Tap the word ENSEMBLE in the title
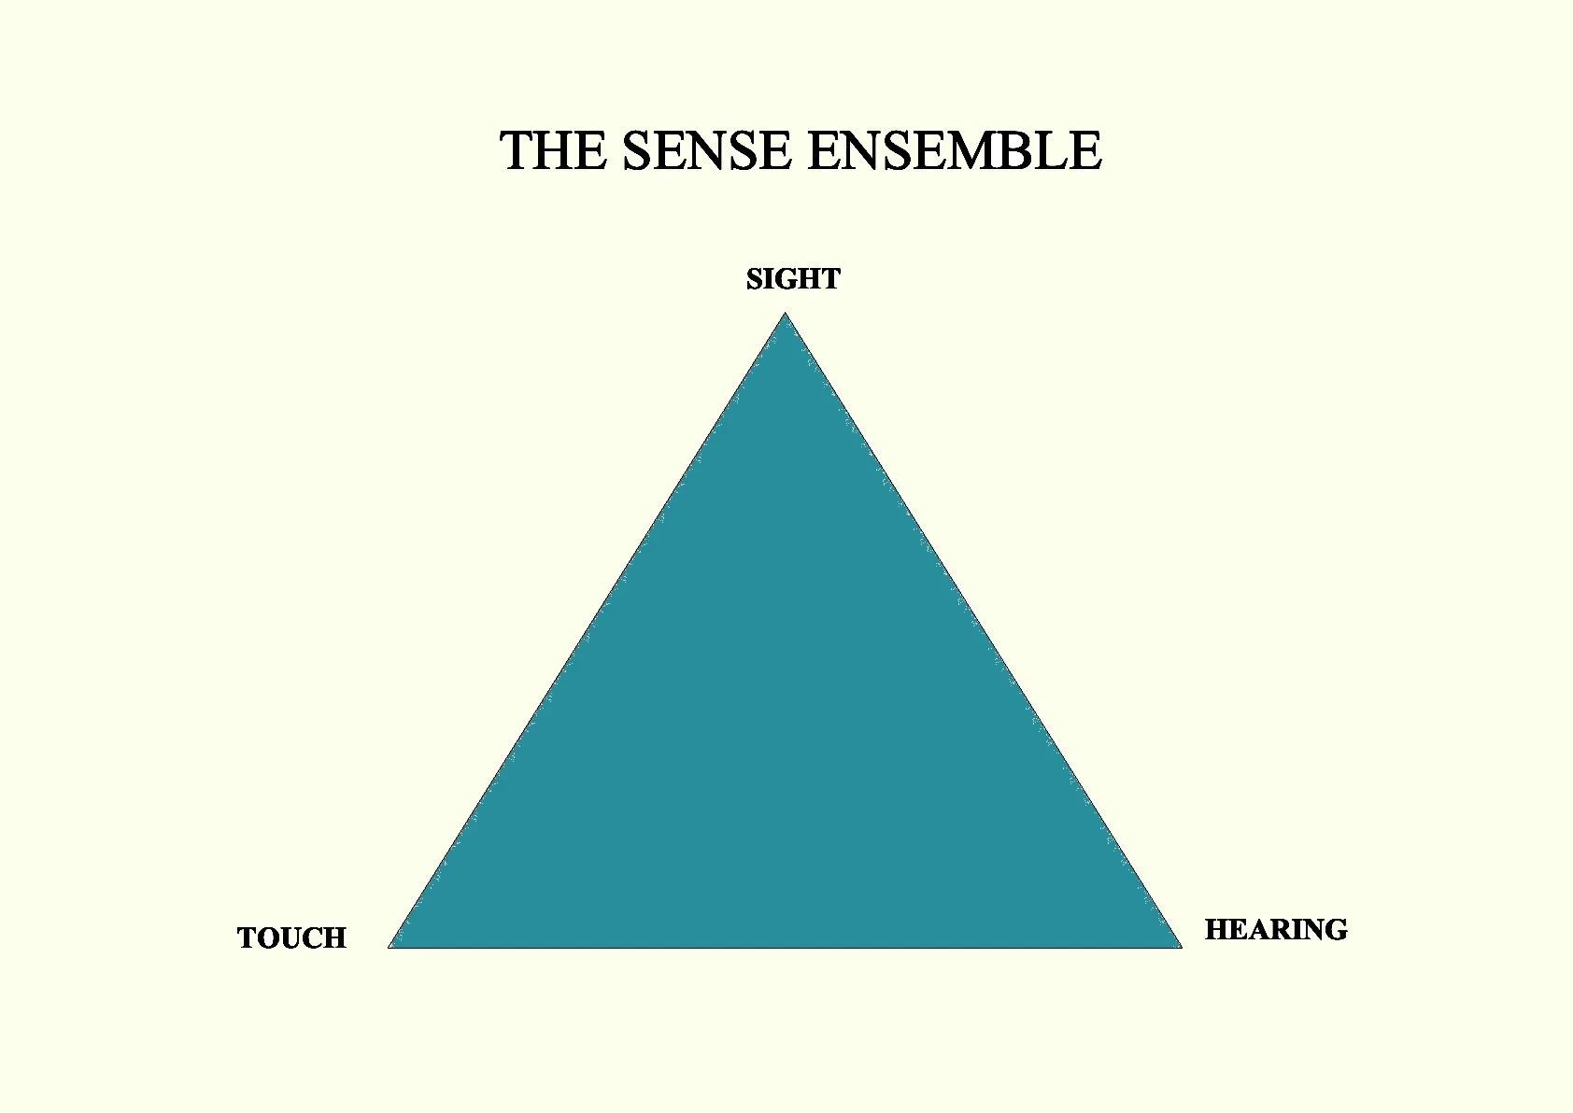pyautogui.click(x=954, y=151)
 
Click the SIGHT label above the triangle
pyautogui.click(x=793, y=279)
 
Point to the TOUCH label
pyautogui.click(x=291, y=938)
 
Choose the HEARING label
pyautogui.click(x=1275, y=930)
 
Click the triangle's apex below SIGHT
pyautogui.click(x=786, y=317)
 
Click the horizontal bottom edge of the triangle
pyautogui.click(x=785, y=947)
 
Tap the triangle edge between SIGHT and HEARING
pyautogui.click(x=983, y=630)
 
